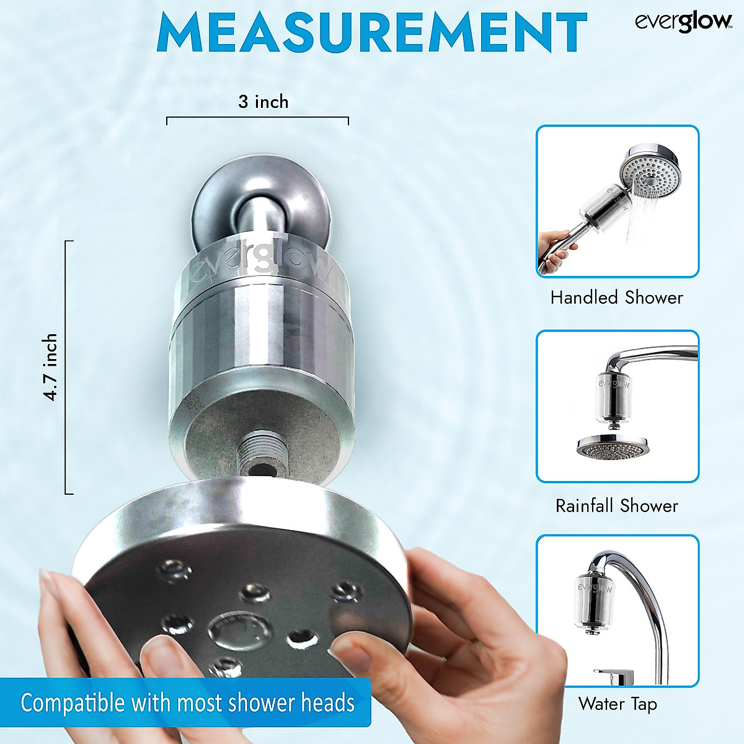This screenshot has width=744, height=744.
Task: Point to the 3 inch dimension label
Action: [263, 102]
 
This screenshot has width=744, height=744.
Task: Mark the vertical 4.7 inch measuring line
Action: [66, 367]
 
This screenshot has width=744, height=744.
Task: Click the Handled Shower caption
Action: [616, 298]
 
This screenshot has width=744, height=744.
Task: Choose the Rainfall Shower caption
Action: [616, 505]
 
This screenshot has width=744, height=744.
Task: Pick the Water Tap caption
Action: [618, 704]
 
